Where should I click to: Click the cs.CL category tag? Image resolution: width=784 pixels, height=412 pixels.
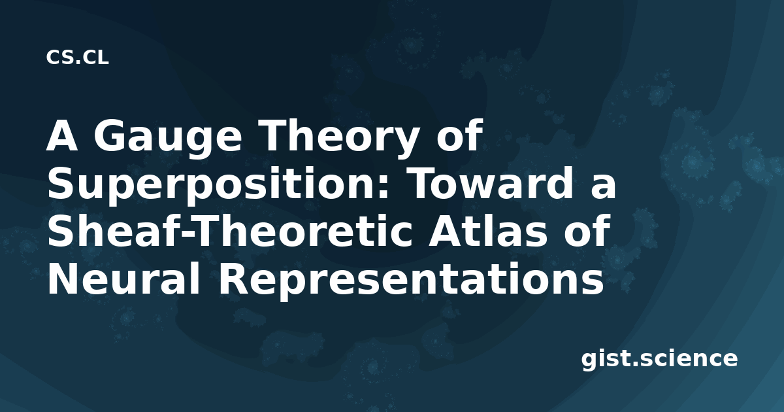point(77,58)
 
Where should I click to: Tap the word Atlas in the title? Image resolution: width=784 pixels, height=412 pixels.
point(487,231)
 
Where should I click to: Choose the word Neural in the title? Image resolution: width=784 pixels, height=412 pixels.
point(124,279)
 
